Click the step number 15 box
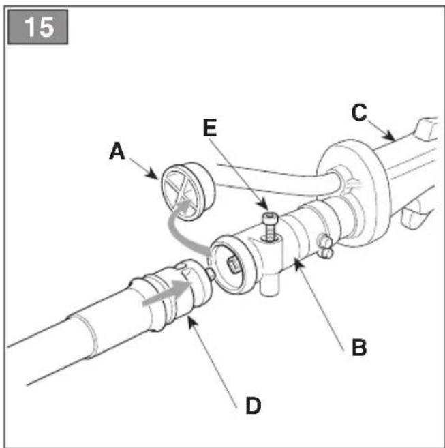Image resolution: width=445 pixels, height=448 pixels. (37, 27)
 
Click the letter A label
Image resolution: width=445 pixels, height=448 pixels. (117, 151)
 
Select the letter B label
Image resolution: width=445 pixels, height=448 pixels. (359, 347)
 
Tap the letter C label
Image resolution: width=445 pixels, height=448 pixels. (359, 113)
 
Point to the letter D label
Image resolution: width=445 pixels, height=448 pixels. (253, 406)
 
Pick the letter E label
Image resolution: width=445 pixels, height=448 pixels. (210, 128)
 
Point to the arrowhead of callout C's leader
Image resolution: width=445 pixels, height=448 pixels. (391, 137)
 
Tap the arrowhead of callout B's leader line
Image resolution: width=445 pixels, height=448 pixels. (297, 263)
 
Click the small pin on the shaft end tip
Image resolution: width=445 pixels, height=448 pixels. (211, 274)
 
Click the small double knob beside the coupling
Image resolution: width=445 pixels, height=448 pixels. (325, 247)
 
